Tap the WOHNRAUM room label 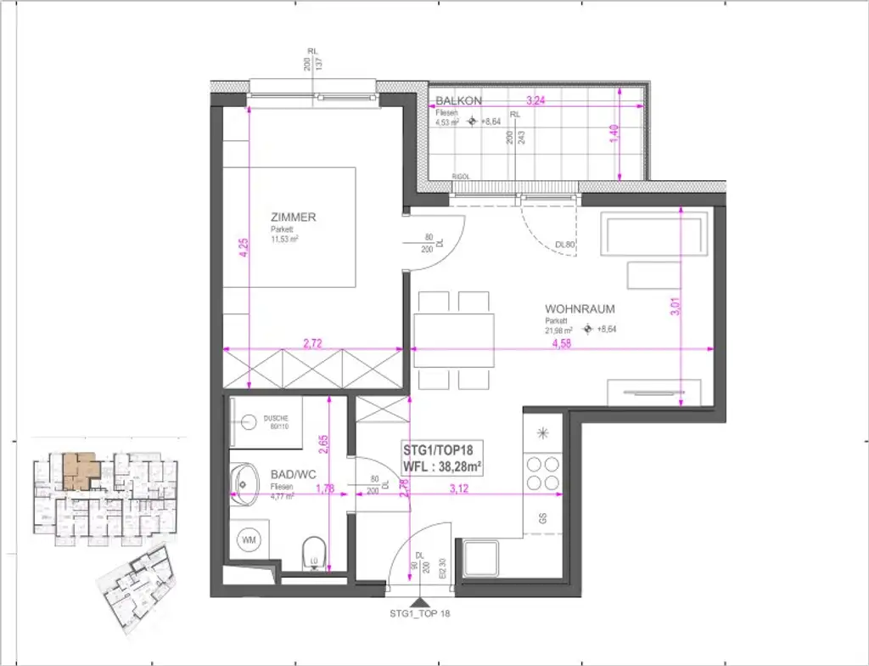tap(580, 309)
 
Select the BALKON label tap(458, 100)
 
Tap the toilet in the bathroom tap(314, 553)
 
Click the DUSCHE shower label tap(277, 419)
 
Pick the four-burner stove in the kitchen tap(543, 473)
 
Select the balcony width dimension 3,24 tap(535, 100)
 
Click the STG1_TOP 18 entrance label tap(421, 612)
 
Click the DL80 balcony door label tap(564, 245)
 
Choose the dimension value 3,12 tap(459, 488)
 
